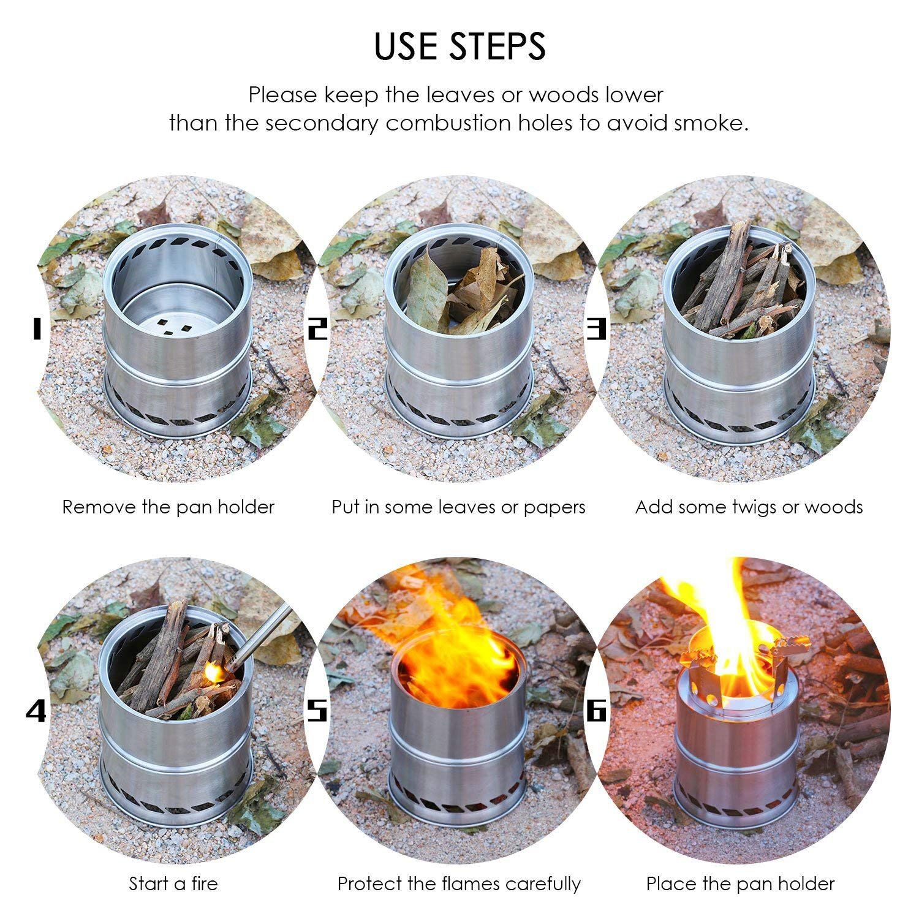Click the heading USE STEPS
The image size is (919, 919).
coord(459,46)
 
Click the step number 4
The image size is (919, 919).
coord(36,711)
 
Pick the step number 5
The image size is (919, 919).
coord(317,711)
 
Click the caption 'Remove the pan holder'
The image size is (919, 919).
coord(168,507)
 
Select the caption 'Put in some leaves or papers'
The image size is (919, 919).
coord(459,507)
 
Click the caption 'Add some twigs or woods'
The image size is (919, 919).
coord(749,507)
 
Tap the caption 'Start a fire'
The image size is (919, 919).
coord(173,883)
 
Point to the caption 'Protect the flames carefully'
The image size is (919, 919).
coord(459,884)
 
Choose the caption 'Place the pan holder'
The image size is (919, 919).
coord(741,884)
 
